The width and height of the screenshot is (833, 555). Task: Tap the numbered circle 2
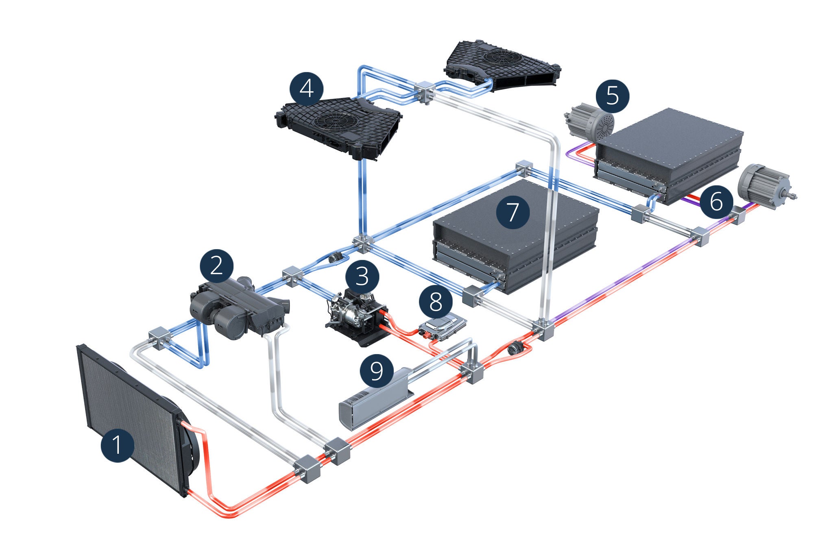click(216, 266)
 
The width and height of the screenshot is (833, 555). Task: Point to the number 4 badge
click(307, 89)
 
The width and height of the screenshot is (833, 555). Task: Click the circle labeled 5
click(612, 96)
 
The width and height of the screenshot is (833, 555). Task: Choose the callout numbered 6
click(716, 202)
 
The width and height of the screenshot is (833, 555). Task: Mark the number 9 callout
click(377, 371)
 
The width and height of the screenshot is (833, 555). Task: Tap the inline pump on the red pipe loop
click(515, 349)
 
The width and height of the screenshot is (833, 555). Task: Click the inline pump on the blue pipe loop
click(336, 257)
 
